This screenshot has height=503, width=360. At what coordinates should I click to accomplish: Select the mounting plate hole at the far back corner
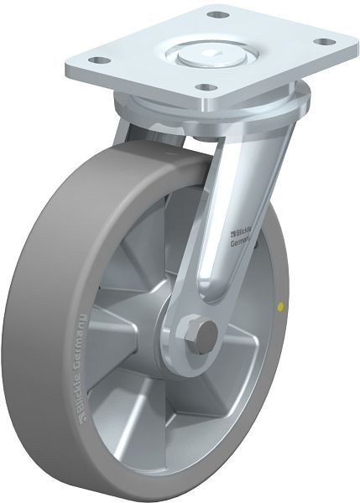click(x=217, y=14)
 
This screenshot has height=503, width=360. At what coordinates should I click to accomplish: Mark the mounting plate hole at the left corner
click(x=99, y=60)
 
